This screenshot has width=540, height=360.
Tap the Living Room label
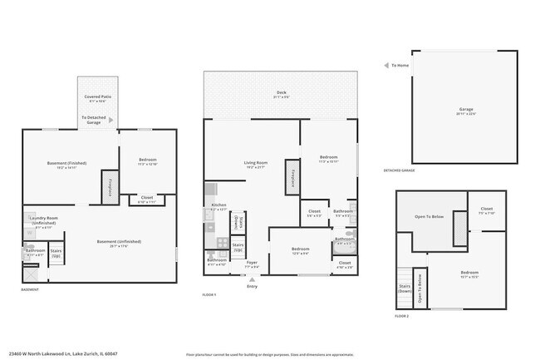[254, 163]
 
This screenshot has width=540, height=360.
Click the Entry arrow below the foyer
[252, 279]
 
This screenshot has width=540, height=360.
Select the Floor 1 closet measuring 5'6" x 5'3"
[314, 213]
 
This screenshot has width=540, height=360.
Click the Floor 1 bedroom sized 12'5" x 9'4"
[300, 249]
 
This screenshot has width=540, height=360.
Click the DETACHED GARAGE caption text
[399, 170]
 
